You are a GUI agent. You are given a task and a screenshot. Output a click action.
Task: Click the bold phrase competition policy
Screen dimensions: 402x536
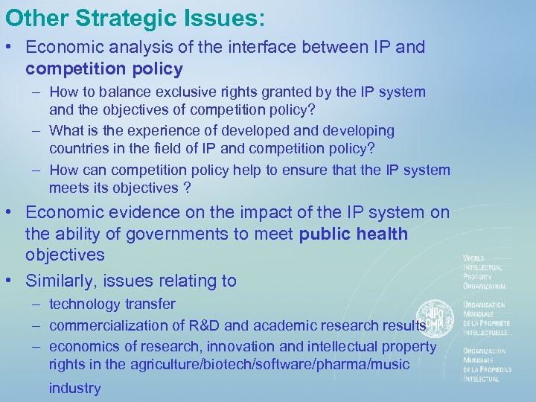point(103,69)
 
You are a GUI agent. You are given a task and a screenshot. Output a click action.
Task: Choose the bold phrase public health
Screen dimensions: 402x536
point(354,234)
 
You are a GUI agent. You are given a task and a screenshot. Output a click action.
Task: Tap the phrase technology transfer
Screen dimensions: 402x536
point(112,304)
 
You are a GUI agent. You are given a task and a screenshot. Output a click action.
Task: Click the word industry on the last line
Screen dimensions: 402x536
point(74,388)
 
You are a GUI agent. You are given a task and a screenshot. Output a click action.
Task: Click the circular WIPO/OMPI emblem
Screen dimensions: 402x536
point(433,316)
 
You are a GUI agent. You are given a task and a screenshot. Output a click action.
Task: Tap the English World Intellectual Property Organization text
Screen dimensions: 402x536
point(483,272)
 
